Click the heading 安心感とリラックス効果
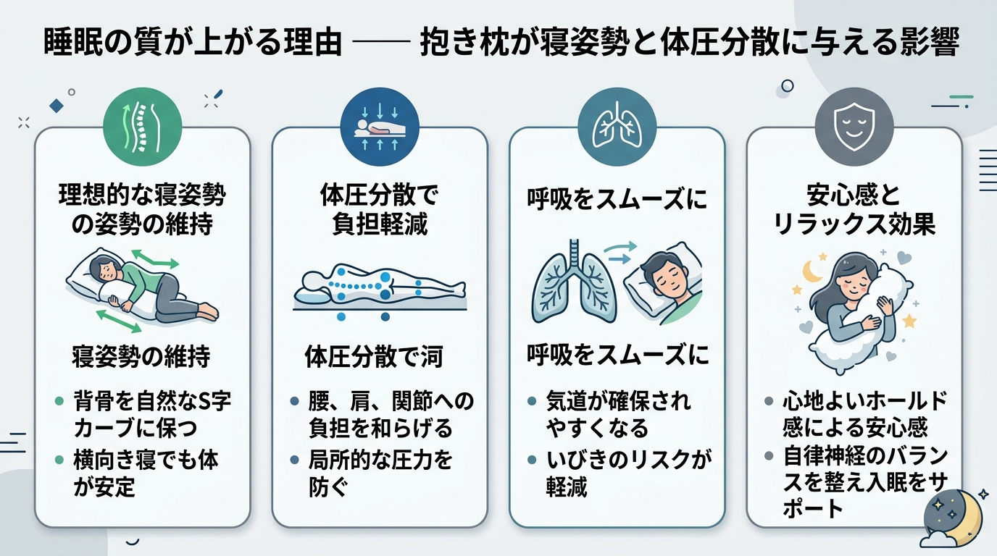coord(854,209)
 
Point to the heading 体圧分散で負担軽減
coord(380,209)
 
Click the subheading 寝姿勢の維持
coord(141,355)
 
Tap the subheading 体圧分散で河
coord(374,357)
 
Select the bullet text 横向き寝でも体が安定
coord(146,473)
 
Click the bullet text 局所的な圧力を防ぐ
coord(381,473)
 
